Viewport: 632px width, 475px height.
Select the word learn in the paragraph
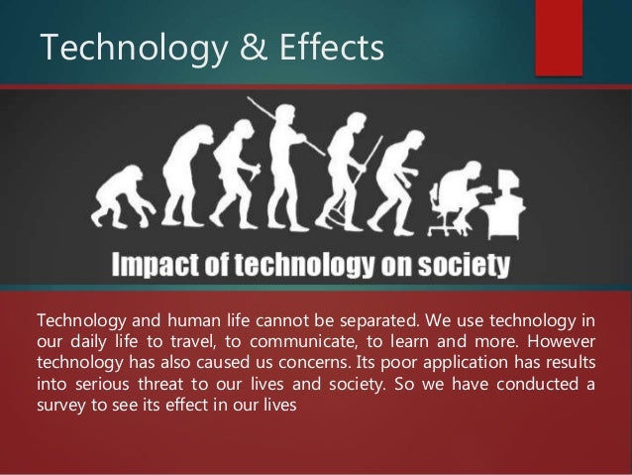(438, 342)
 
